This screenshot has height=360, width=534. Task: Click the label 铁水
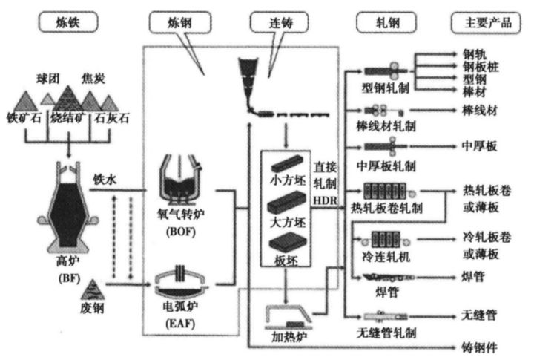[106, 179]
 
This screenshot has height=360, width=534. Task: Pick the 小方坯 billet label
[285, 179]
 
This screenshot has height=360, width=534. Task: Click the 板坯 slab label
[285, 261]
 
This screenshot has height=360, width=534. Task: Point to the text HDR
[326, 201]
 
